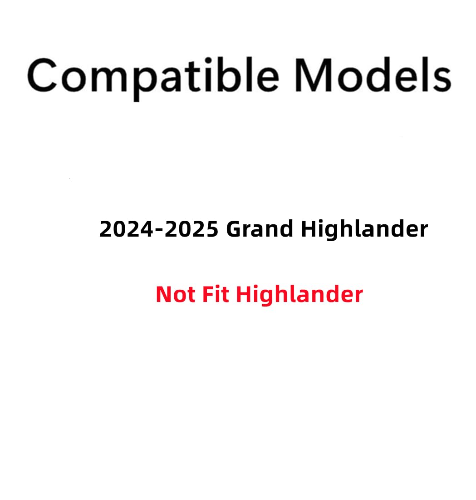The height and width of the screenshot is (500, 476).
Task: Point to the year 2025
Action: [x=192, y=229]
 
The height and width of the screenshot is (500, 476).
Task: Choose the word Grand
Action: [x=260, y=229]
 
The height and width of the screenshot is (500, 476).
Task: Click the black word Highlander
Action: [x=364, y=229]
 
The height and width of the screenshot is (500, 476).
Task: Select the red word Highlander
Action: [x=299, y=294]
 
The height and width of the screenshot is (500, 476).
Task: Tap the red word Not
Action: [x=176, y=294]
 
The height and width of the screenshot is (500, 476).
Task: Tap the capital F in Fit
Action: [x=206, y=294]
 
